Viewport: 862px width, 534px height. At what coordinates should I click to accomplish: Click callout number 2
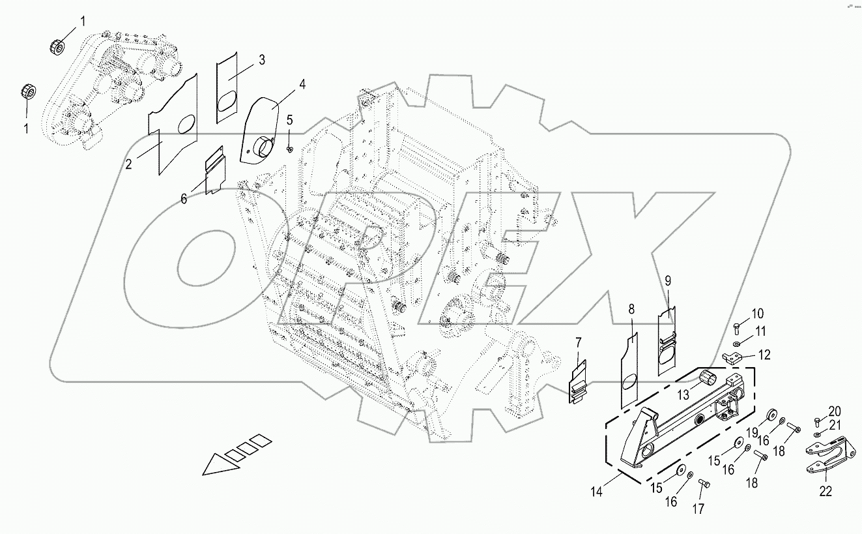pyautogui.click(x=129, y=164)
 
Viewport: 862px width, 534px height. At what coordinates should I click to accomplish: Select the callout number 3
pyautogui.click(x=261, y=60)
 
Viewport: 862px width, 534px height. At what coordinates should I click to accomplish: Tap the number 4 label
pyautogui.click(x=302, y=84)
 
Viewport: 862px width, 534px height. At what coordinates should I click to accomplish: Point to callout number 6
pyautogui.click(x=184, y=199)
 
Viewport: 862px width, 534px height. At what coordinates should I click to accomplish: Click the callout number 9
pyautogui.click(x=668, y=282)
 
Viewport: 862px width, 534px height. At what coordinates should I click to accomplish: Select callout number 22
pyautogui.click(x=826, y=492)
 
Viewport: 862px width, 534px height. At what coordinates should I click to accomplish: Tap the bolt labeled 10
pyautogui.click(x=736, y=325)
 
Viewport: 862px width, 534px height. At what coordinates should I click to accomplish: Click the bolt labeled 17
pyautogui.click(x=703, y=483)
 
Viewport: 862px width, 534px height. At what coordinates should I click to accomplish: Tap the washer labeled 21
pyautogui.click(x=818, y=434)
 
